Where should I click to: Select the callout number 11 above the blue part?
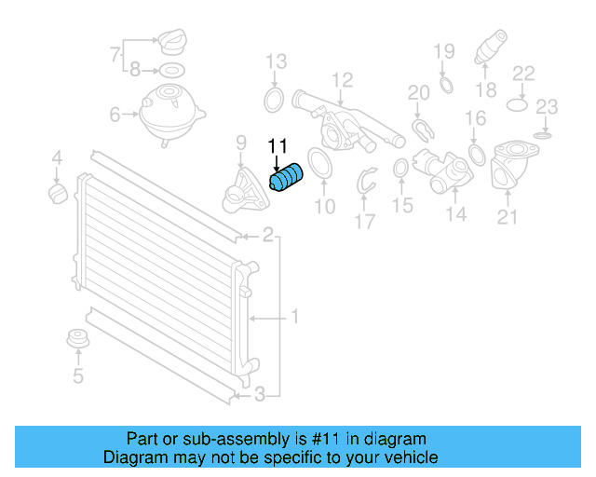click(x=278, y=146)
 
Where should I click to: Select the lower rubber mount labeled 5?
click(x=77, y=342)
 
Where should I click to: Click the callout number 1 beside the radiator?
click(x=293, y=318)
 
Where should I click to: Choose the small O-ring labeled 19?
click(x=445, y=86)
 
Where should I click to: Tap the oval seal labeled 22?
click(x=520, y=106)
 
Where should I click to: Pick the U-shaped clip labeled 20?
click(x=420, y=128)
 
